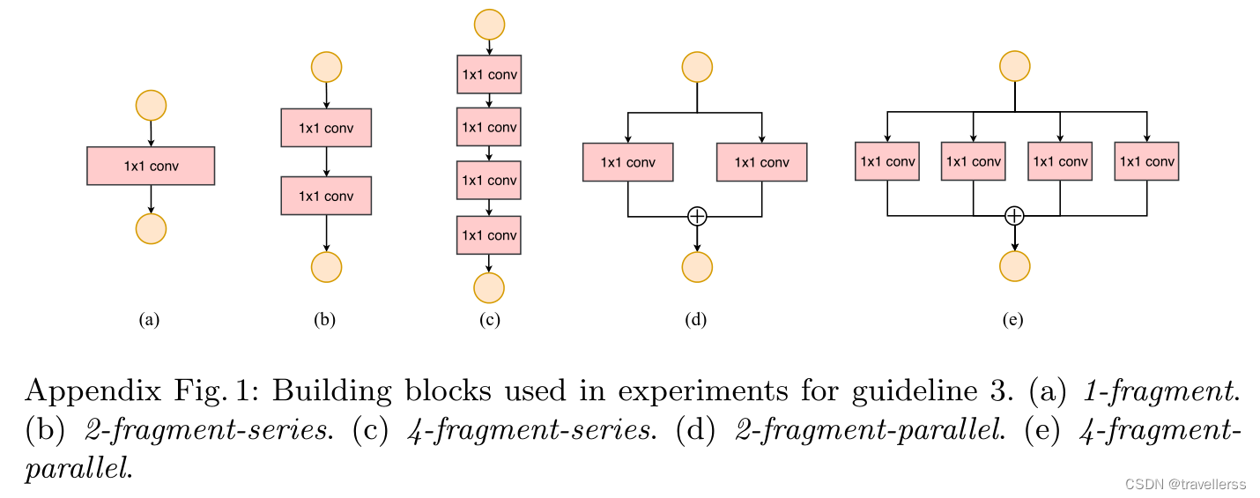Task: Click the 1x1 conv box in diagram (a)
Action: coord(151,166)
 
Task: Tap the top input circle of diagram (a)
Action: coord(151,105)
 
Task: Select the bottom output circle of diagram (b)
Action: coord(326,265)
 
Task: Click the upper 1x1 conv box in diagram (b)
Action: coord(326,128)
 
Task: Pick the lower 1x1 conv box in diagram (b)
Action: coord(326,196)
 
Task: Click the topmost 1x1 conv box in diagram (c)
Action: coord(489,74)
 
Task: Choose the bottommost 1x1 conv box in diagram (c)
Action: coord(489,234)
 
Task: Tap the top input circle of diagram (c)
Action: coord(489,24)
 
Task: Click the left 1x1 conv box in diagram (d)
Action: coord(627,162)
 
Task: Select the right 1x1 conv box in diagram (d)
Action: coord(761,162)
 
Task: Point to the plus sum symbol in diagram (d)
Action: coord(697,215)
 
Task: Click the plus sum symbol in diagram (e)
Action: coord(1015,215)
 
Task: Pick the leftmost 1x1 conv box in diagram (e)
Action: coord(887,161)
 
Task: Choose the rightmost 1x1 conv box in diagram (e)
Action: coord(1146,161)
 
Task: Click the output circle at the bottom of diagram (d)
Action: coord(697,265)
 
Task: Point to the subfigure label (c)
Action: coord(489,321)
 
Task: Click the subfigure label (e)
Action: coord(1013,321)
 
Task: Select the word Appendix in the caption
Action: coord(85,390)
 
